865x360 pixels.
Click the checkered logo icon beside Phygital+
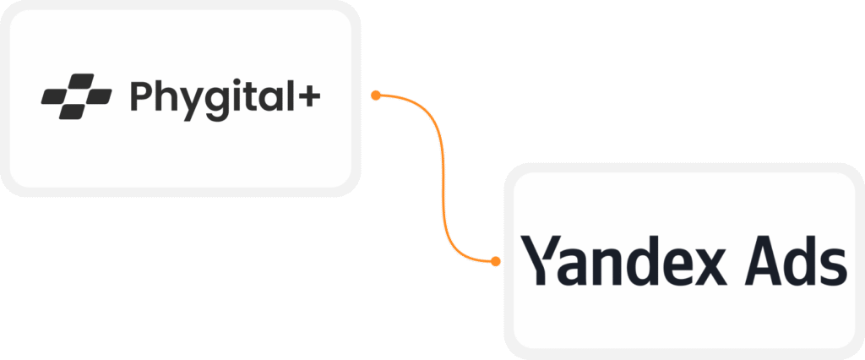point(76,96)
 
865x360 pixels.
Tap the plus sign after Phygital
point(309,97)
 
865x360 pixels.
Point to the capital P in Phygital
point(140,96)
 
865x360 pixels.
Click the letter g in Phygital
point(220,103)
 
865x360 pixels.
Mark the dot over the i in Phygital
point(239,81)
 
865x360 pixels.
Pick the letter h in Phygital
point(166,96)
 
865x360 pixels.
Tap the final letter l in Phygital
point(289,95)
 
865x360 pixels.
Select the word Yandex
point(625,261)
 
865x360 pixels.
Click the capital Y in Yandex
point(540,260)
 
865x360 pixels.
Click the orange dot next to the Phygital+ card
point(376,96)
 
